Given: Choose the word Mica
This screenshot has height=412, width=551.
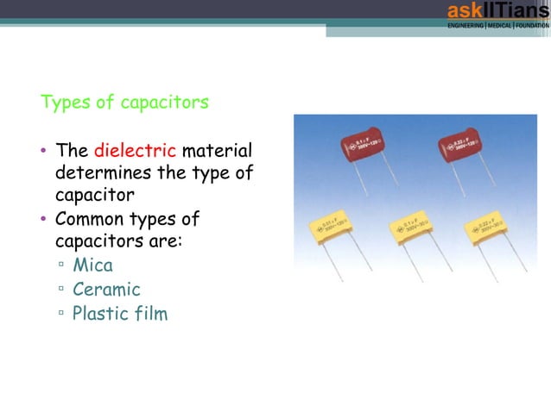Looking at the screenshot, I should coord(92,265).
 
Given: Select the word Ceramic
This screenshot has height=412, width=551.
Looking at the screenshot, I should coord(106,289).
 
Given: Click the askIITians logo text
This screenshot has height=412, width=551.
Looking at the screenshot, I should coord(497,11).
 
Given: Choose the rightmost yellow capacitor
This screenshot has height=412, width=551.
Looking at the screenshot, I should coord(488,228).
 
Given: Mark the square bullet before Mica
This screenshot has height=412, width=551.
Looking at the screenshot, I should coord(61,266).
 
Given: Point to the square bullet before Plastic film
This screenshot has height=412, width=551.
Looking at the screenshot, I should coord(61,315).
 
